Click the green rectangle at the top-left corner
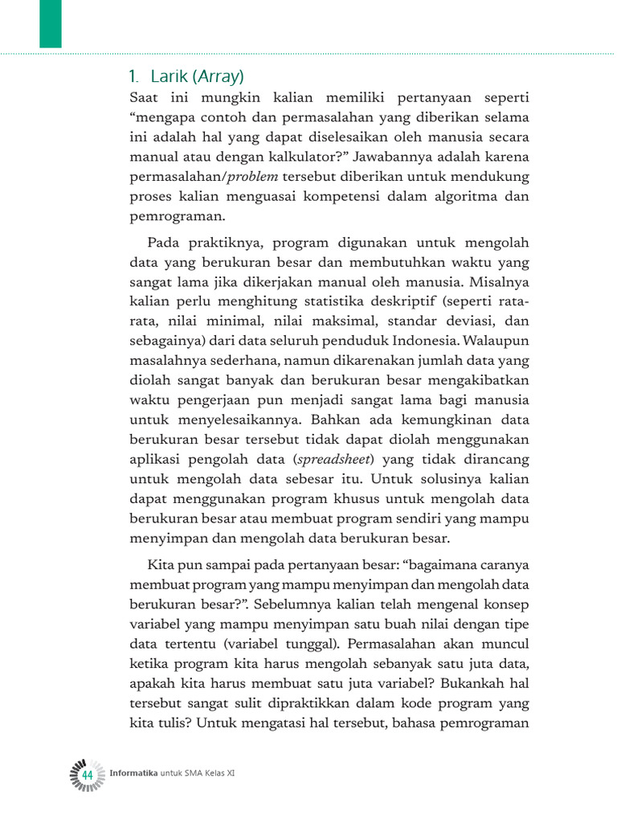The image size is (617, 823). [x=50, y=24]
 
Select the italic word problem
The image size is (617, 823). [x=254, y=176]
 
